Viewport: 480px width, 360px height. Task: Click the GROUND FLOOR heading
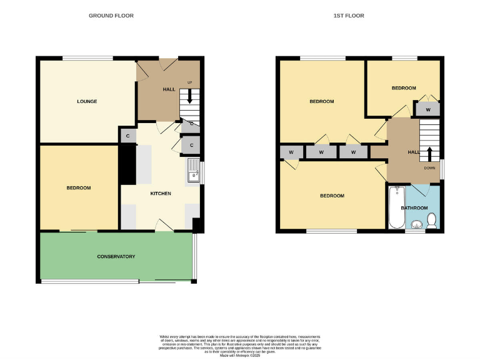click(111, 16)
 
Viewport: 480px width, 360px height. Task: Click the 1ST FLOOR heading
click(349, 16)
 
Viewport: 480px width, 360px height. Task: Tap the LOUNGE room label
click(87, 101)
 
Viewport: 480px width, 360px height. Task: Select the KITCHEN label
click(161, 193)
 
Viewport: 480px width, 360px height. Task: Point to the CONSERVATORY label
click(116, 256)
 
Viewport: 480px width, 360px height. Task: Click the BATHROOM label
click(414, 207)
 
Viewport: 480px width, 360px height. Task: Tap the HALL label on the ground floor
click(169, 89)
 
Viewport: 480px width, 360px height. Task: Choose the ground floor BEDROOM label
click(79, 187)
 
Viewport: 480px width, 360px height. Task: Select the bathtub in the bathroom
click(396, 207)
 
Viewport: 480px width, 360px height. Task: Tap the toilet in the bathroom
click(431, 220)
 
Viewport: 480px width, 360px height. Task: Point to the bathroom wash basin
click(416, 223)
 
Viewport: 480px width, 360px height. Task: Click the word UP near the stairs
click(190, 82)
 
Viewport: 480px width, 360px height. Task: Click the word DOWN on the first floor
click(429, 167)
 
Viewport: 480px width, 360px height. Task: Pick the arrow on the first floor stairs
click(429, 153)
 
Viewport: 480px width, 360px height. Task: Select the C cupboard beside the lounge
click(127, 136)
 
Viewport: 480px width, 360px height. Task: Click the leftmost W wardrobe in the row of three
click(291, 152)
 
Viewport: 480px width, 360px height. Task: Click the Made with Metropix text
click(240, 356)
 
